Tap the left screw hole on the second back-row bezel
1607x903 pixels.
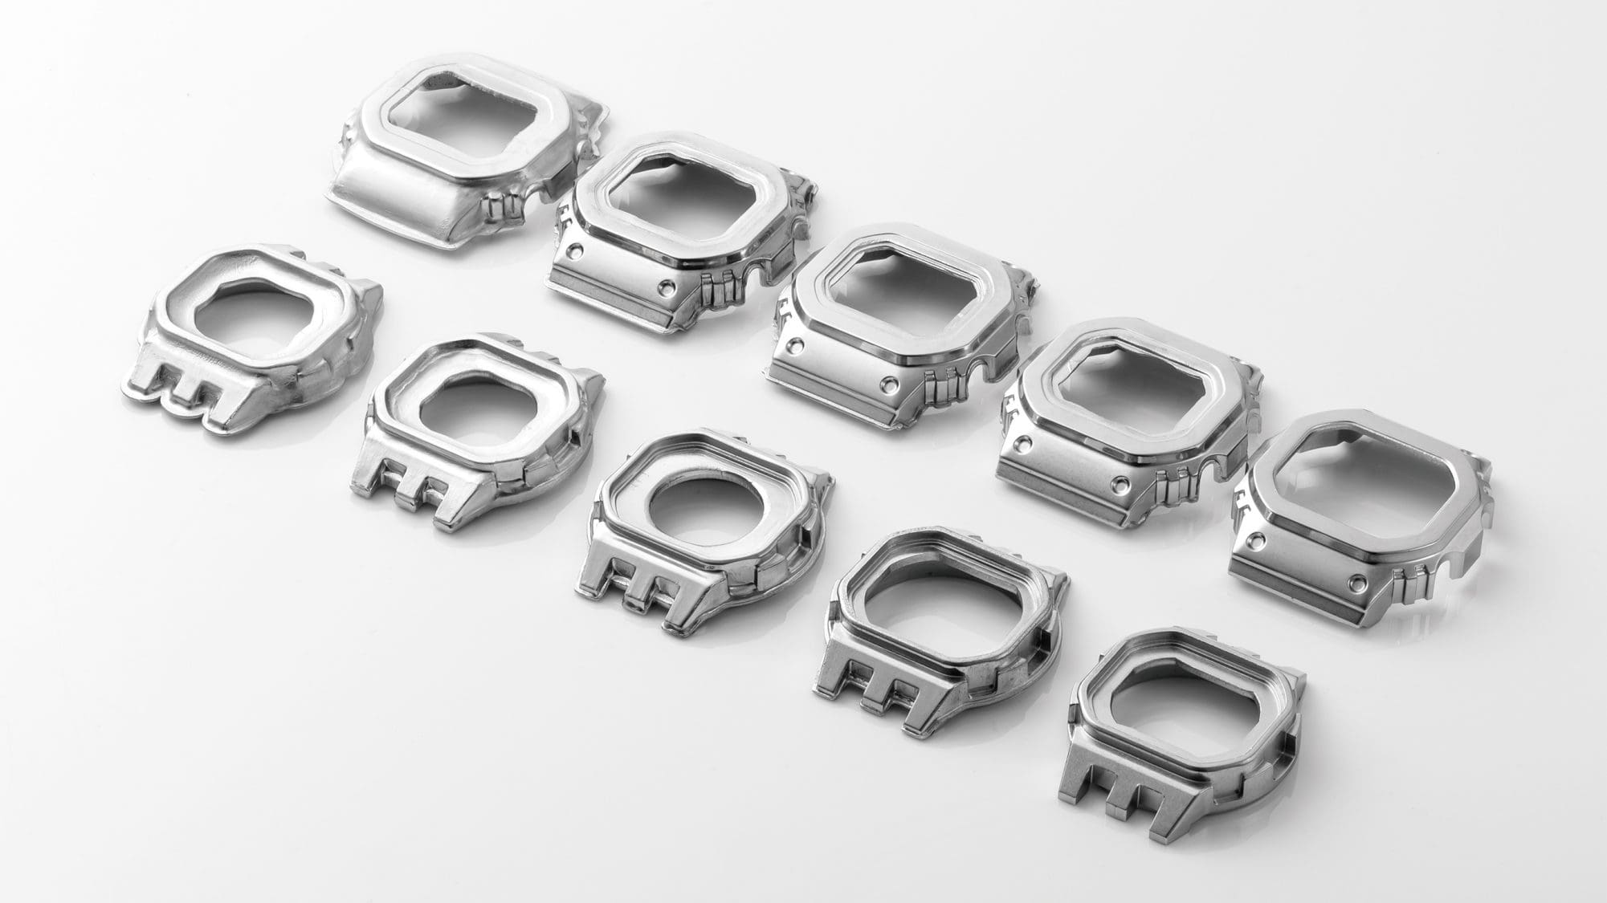(x=571, y=251)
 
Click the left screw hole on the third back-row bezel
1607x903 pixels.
(x=795, y=347)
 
